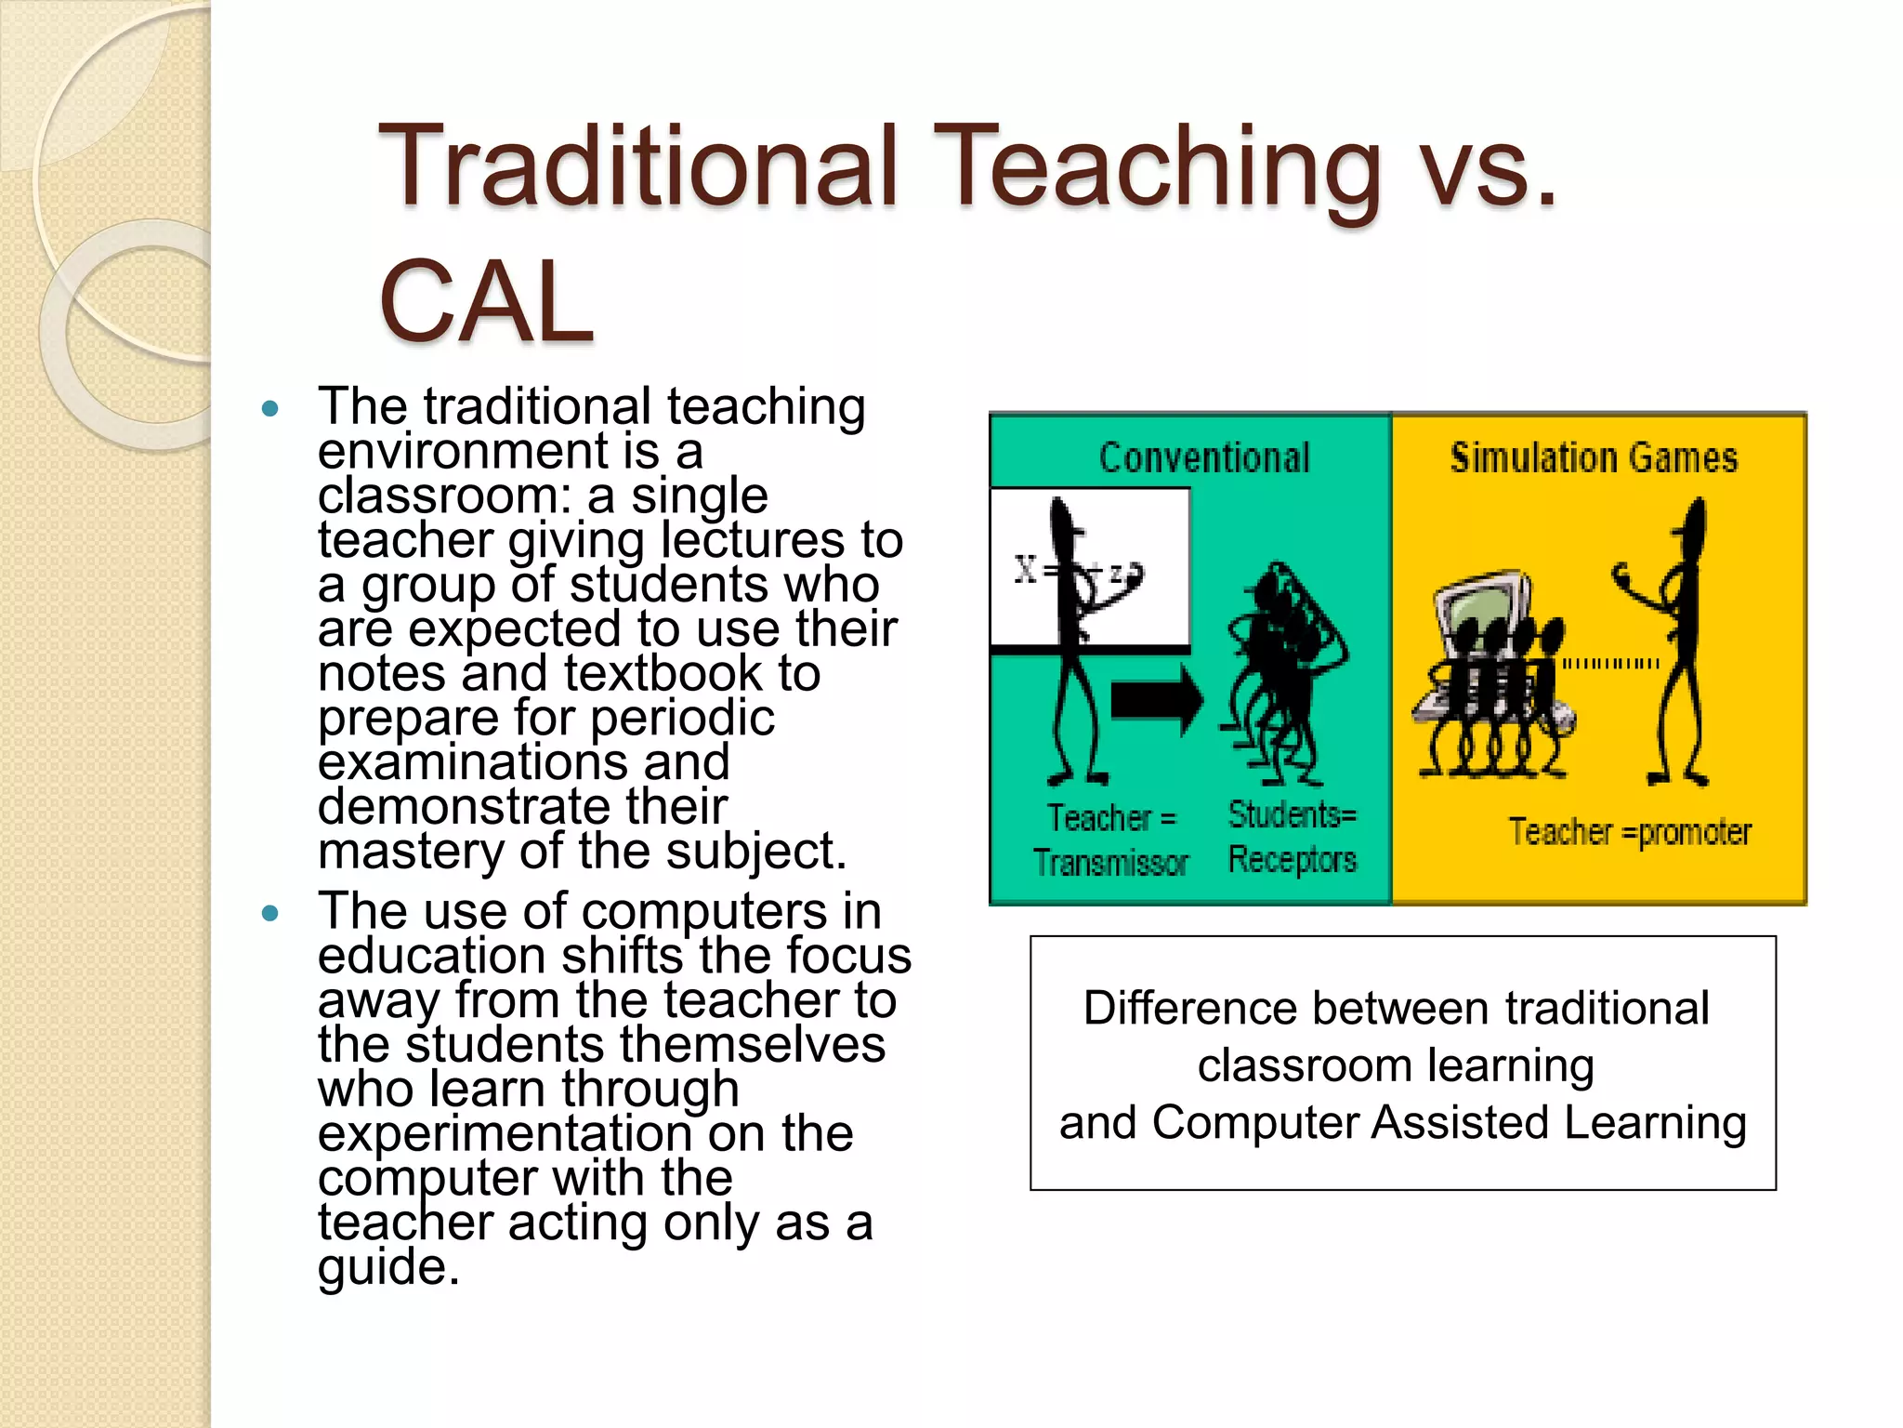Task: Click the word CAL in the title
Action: coord(485,301)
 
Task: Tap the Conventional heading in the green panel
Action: coord(1204,457)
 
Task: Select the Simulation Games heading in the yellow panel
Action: coord(1594,457)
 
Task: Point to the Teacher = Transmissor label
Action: coord(1111,840)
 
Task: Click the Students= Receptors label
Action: coord(1292,837)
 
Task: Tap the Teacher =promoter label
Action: coord(1629,832)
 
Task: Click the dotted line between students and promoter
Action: coord(1609,664)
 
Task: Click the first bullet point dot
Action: coord(270,408)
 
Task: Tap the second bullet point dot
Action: coord(270,913)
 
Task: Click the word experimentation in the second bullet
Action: coord(505,1133)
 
